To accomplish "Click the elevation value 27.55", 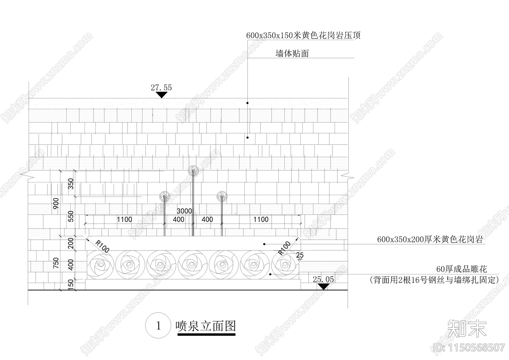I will [161, 88].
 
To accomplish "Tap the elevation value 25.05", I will [323, 279].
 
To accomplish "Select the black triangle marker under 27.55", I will [162, 95].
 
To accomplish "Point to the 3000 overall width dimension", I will [184, 211].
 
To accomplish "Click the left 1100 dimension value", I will [124, 219].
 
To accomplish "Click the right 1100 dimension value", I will [261, 219].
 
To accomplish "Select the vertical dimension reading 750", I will [56, 264].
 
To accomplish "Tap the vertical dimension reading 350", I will [71, 184].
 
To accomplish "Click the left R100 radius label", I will [102, 247].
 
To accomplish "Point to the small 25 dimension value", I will [300, 255].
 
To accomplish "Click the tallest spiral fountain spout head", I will [193, 171].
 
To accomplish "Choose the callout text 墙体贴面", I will [292, 53].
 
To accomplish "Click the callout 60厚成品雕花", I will [461, 269].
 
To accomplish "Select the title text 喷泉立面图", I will [206, 326].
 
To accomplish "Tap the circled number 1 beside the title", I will [158, 326].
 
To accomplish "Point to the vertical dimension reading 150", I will [71, 284].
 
